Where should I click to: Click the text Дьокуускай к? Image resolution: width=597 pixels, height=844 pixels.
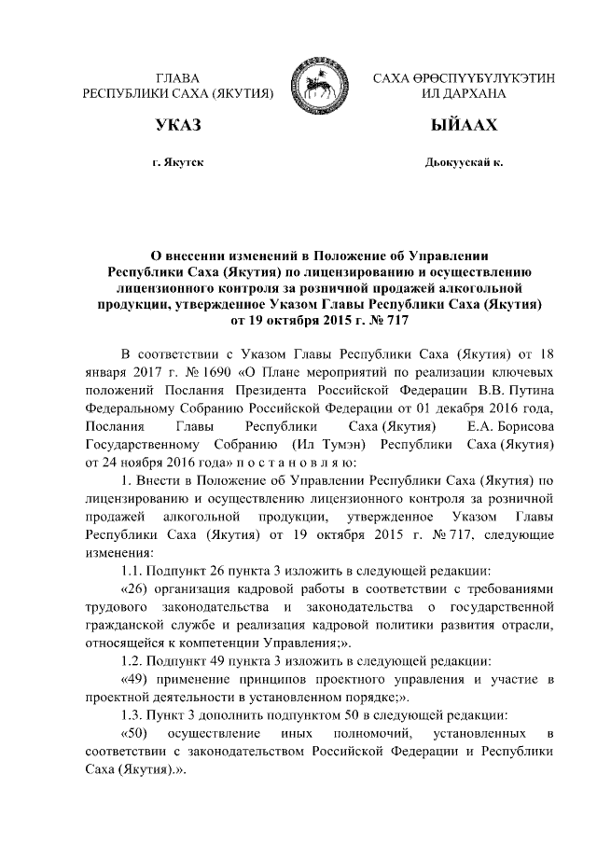pos(463,162)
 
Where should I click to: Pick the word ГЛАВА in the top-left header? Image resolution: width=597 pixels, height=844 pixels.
pos(178,77)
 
